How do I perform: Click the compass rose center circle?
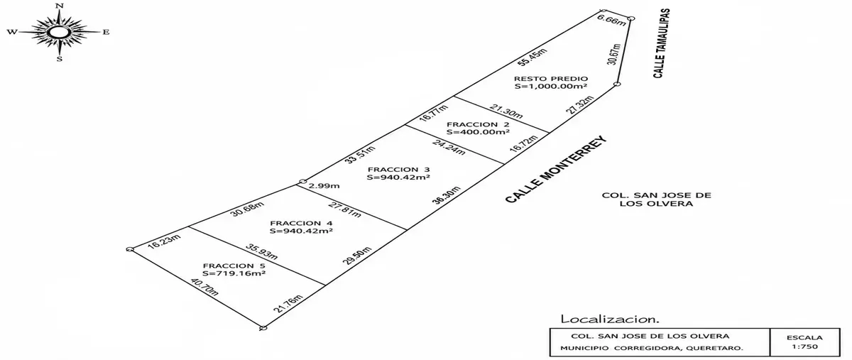click(x=59, y=32)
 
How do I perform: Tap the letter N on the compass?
click(x=60, y=6)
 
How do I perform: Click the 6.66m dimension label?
click(x=611, y=21)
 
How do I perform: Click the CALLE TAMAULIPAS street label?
click(x=662, y=43)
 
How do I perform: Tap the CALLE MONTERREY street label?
click(x=556, y=170)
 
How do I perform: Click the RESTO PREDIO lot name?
click(x=551, y=79)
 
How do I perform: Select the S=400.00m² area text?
click(x=478, y=132)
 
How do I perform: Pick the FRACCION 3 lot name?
click(x=398, y=169)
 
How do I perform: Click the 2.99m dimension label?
click(x=324, y=186)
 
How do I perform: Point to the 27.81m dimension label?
click(x=344, y=210)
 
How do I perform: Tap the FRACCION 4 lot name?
click(x=301, y=224)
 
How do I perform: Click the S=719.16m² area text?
click(x=234, y=273)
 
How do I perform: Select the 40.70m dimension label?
click(x=204, y=288)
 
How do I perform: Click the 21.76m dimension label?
click(x=288, y=304)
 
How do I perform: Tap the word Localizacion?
click(x=610, y=320)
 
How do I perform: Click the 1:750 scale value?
click(x=804, y=347)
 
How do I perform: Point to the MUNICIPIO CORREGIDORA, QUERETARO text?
click(x=652, y=348)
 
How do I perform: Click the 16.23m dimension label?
click(x=164, y=241)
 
